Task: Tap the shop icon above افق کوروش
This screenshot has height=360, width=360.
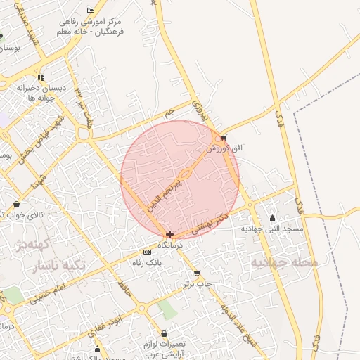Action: click(224, 137)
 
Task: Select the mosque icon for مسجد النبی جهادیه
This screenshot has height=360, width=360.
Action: click(272, 219)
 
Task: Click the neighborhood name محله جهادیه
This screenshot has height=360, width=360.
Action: click(285, 262)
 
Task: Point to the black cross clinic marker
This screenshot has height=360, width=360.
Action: click(169, 233)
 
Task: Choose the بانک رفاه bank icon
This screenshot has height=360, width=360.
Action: click(146, 252)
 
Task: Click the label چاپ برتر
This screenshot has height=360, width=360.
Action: click(198, 284)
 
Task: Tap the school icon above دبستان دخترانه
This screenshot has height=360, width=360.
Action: click(41, 77)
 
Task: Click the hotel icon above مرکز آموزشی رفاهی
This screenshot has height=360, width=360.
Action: click(89, 11)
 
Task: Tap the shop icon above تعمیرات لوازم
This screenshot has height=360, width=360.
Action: click(164, 333)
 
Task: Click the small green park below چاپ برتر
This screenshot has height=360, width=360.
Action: click(166, 308)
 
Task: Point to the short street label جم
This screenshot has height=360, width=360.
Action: click(168, 112)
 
